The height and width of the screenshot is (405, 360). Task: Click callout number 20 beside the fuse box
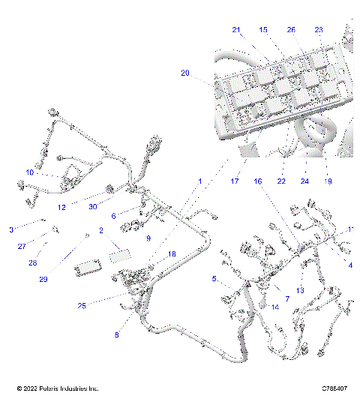185,73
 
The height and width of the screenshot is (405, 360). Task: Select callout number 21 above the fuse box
235,30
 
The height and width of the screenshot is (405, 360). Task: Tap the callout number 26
291,30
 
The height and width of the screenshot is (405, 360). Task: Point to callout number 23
319,30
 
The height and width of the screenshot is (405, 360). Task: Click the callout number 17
234,181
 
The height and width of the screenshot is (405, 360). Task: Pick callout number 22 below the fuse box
281,181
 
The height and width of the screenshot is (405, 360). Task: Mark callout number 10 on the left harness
30,172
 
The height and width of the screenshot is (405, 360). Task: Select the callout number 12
63,207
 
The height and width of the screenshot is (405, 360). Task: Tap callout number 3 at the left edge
11,229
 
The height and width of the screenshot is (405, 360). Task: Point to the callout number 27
22,246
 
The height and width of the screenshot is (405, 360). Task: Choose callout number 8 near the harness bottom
116,335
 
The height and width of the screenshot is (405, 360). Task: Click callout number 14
274,307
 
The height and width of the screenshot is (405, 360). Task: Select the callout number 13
300,290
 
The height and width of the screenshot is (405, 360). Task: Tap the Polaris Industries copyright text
58,388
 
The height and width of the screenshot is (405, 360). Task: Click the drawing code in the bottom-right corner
334,388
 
